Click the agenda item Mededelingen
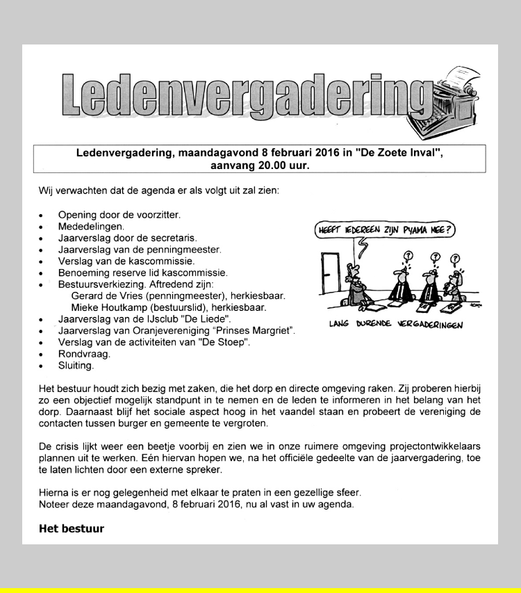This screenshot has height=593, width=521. tap(91, 227)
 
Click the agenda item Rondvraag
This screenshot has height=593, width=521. tap(84, 353)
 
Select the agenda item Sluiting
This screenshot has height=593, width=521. tap(76, 364)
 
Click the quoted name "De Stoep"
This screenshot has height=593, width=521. tap(227, 342)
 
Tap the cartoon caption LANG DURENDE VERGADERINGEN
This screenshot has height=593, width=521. tap(395, 324)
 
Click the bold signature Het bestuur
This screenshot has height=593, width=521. tap(72, 528)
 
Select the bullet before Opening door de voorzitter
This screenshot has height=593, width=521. tap(42, 216)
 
